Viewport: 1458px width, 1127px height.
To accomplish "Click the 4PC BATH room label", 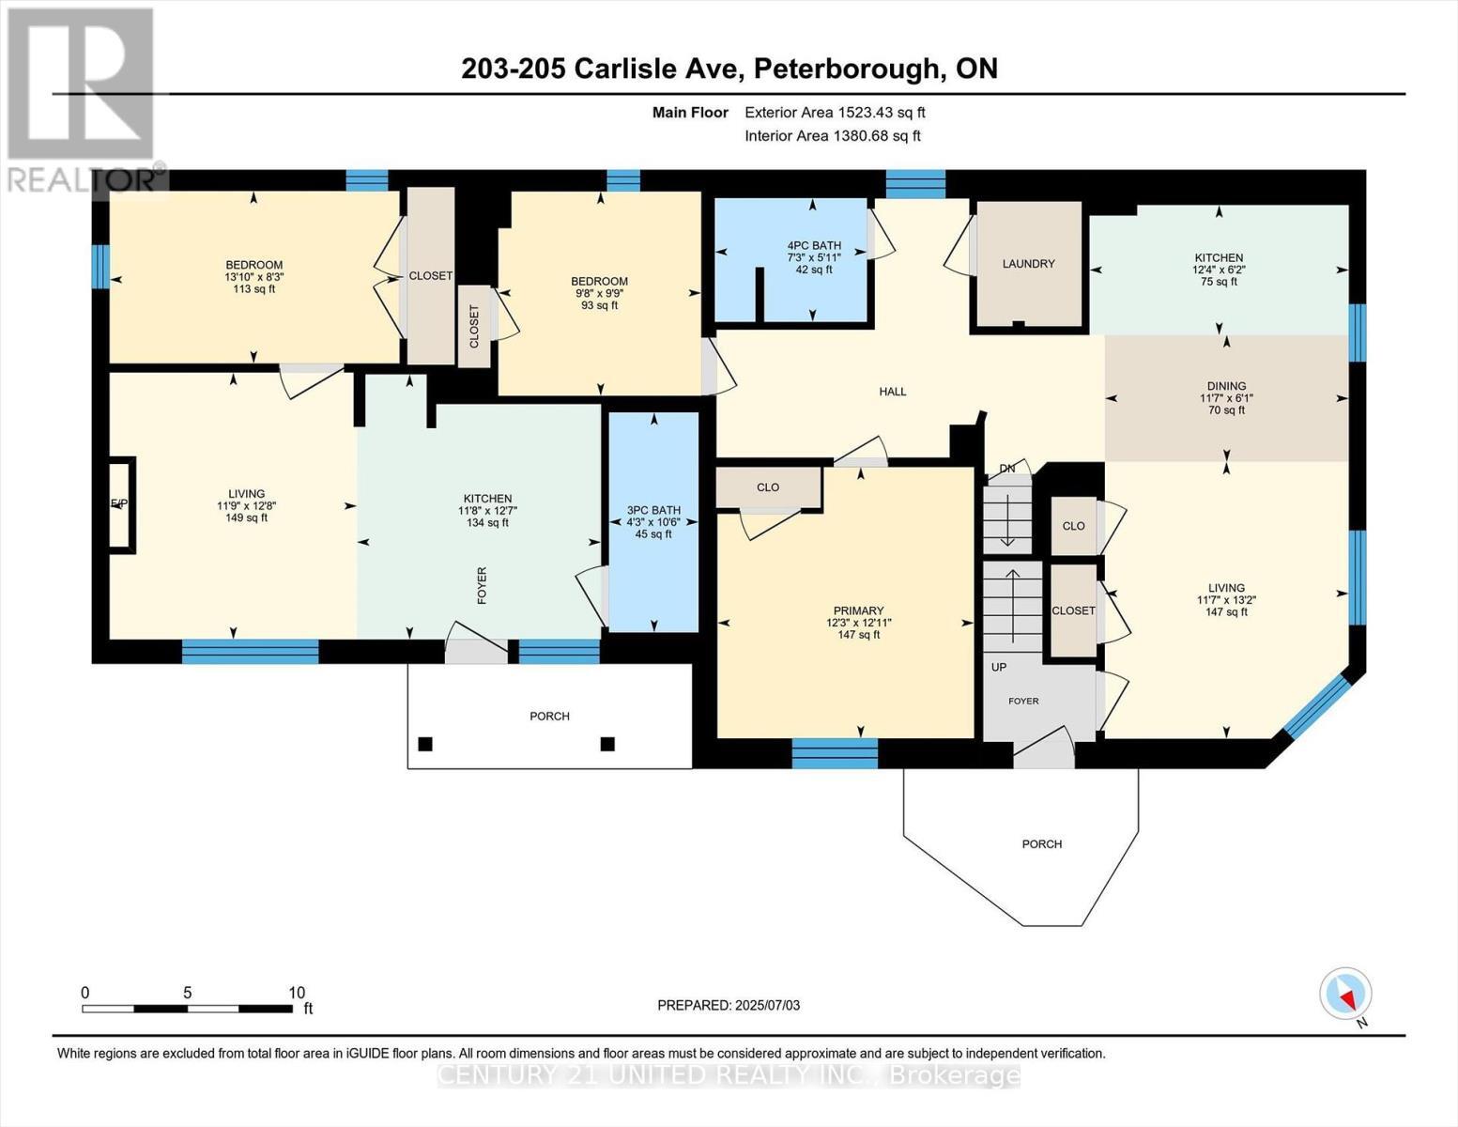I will pyautogui.click(x=813, y=246).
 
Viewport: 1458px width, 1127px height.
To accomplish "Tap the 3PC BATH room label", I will pyautogui.click(x=653, y=511).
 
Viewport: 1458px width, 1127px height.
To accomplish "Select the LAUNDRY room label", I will pyautogui.click(x=1028, y=264).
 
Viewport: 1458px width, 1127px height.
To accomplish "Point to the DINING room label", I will pyautogui.click(x=1226, y=386).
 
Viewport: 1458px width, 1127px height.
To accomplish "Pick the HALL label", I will pyautogui.click(x=892, y=392).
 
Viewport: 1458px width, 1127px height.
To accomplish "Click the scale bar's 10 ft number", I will pyautogui.click(x=297, y=993).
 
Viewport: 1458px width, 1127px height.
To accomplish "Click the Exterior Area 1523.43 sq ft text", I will pyautogui.click(x=835, y=112).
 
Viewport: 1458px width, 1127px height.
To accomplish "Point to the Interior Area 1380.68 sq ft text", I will pyautogui.click(x=833, y=135).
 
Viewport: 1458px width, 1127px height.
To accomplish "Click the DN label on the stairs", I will pyautogui.click(x=1007, y=468).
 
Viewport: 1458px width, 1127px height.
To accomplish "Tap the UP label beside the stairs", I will pyautogui.click(x=999, y=667).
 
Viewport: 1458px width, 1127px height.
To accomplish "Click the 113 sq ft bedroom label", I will pyautogui.click(x=253, y=289).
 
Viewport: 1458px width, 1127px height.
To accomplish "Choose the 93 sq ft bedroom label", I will pyautogui.click(x=599, y=305).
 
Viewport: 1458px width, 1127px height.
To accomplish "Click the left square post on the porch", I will pyautogui.click(x=425, y=744).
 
